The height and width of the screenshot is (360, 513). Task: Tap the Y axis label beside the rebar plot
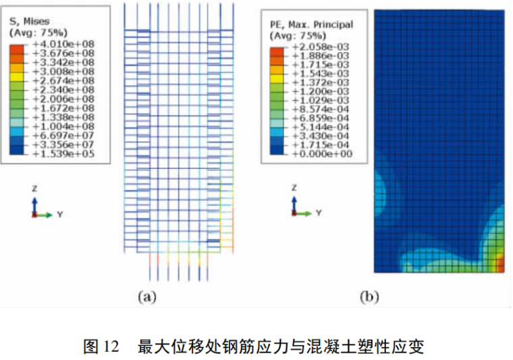pyautogui.click(x=60, y=215)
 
